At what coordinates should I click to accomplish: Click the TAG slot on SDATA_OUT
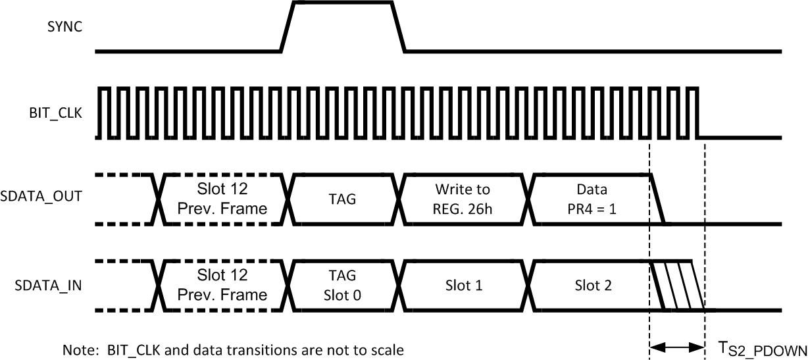click(x=342, y=198)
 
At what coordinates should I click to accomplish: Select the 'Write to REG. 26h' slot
click(x=463, y=198)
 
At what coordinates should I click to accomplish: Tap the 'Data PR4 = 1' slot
click(x=592, y=198)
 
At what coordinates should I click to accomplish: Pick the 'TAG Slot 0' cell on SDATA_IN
click(x=342, y=285)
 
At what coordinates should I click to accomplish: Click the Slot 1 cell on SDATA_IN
click(x=463, y=286)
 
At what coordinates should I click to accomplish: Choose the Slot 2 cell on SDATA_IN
click(x=592, y=286)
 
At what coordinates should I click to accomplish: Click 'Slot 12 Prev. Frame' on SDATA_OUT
click(x=223, y=198)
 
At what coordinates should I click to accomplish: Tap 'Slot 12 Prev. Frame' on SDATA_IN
click(x=223, y=285)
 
